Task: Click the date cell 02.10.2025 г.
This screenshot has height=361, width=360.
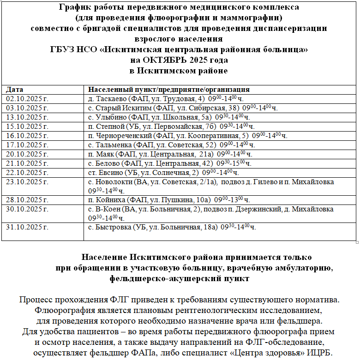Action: coord(27,99)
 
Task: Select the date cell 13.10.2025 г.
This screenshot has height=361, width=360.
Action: coord(27,117)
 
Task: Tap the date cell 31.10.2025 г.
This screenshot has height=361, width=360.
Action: coord(27,227)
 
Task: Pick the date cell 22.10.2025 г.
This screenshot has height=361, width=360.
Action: coord(27,173)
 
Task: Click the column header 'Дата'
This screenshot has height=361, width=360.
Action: coord(15,90)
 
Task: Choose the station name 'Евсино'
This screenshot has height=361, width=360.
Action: coord(108,173)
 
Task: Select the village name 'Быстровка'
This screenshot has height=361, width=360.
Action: coord(112,227)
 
